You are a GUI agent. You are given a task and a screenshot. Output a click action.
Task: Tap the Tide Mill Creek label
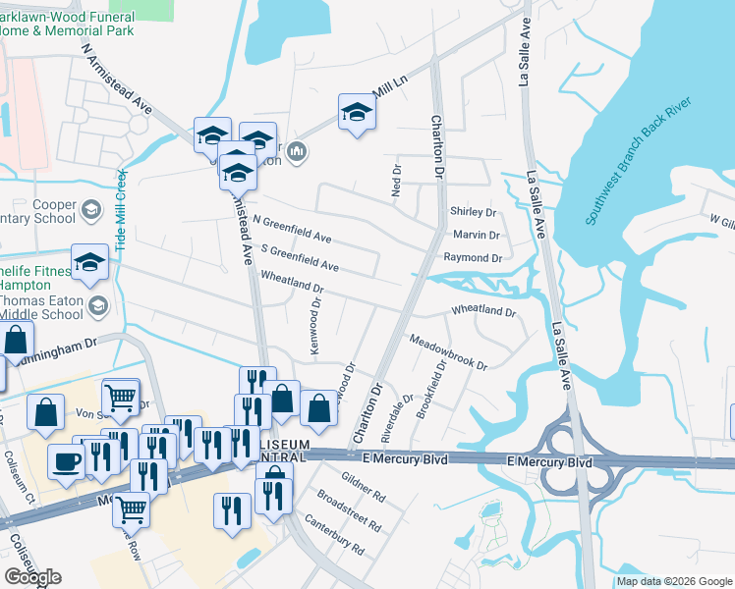point(122,209)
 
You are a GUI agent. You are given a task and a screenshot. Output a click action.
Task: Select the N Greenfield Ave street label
point(292,230)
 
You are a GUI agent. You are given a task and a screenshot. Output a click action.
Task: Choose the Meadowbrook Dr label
point(448,350)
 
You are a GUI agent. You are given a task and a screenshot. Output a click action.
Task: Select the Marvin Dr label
point(477,236)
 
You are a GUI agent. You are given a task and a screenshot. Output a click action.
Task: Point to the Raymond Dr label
point(473,257)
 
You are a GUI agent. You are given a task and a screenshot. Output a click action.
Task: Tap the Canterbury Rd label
point(334,534)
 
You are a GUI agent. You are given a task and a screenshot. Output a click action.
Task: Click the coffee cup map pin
point(67,459)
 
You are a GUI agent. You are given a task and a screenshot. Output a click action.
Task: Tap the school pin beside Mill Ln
point(358,112)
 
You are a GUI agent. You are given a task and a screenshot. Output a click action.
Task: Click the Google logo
point(32,578)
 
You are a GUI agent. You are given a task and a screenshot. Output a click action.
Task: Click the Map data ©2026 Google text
point(674,581)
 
